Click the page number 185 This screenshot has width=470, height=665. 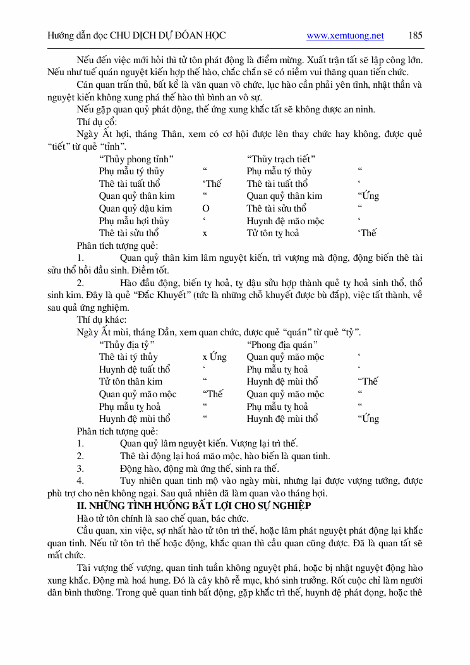click(x=416, y=36)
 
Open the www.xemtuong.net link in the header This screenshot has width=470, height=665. click(x=345, y=36)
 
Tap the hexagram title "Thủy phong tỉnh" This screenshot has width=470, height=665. click(x=136, y=159)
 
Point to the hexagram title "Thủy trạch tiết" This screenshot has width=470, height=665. click(x=281, y=159)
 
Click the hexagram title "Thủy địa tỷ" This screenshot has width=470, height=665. click(x=127, y=345)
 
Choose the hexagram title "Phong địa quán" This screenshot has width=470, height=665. click(x=282, y=345)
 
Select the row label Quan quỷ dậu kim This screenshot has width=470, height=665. click(x=135, y=208)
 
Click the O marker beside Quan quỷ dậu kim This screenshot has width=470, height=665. click(x=205, y=208)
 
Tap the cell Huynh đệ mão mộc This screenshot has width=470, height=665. click(x=285, y=221)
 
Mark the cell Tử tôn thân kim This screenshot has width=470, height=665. click(x=131, y=381)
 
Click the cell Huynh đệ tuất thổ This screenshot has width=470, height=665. click(x=135, y=369)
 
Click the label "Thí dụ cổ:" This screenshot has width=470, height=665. click(x=97, y=122)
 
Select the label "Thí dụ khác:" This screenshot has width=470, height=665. click(x=101, y=320)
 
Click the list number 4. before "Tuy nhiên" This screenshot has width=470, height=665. click(x=80, y=481)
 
